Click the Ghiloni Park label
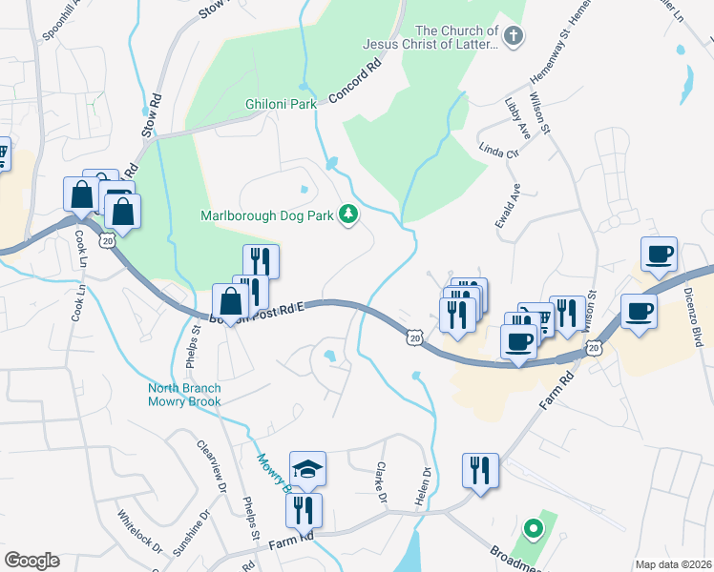click(x=281, y=104)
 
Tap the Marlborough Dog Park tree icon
click(x=348, y=215)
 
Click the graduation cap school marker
click(x=307, y=468)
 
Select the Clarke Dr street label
click(x=381, y=483)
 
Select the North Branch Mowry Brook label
click(x=184, y=395)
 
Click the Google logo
click(x=31, y=561)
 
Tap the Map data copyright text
click(x=673, y=564)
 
